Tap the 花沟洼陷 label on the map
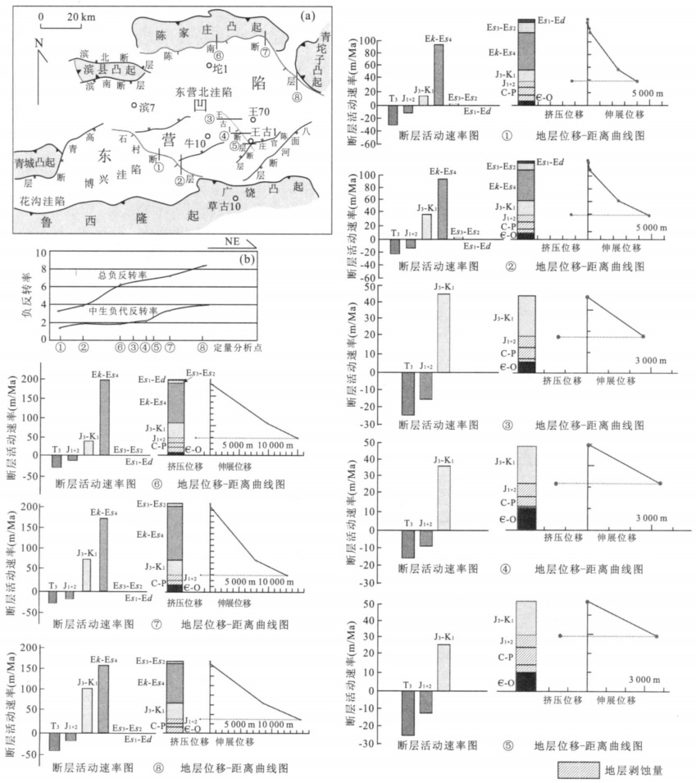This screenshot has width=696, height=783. point(43,199)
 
